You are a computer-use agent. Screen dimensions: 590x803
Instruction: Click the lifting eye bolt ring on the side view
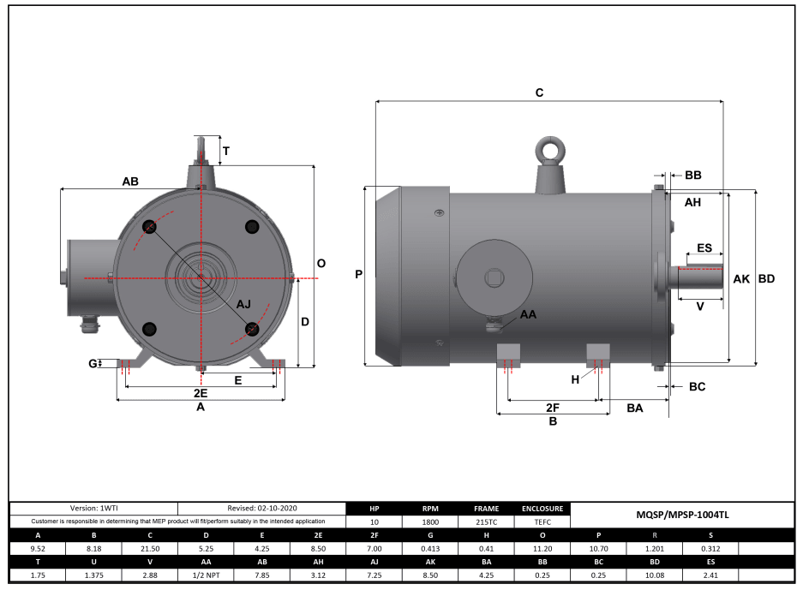coord(550,150)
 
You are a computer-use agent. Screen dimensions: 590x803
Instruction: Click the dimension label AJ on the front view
coord(243,304)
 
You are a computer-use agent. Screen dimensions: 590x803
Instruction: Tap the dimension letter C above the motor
coord(539,92)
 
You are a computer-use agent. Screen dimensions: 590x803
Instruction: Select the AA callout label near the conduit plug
coord(529,315)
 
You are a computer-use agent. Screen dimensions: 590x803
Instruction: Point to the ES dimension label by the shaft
coord(704,248)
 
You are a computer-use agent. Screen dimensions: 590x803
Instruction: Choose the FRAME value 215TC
coord(486,521)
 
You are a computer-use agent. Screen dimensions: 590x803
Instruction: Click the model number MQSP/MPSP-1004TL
coord(681,515)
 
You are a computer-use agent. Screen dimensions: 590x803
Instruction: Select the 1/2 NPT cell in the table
coord(206,575)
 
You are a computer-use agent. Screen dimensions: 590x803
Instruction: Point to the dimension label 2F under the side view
coord(553,407)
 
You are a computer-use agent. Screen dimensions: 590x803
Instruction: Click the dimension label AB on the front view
coord(130,182)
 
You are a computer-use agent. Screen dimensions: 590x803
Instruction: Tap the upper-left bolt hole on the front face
coord(149,226)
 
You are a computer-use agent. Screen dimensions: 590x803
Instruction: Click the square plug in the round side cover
coord(494,277)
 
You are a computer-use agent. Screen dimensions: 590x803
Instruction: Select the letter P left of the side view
coord(359,275)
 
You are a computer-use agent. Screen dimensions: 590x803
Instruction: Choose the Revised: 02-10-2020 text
coord(261,508)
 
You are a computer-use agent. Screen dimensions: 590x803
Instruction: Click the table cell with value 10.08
coord(654,575)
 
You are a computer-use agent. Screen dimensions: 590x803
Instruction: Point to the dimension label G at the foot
coord(92,363)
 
